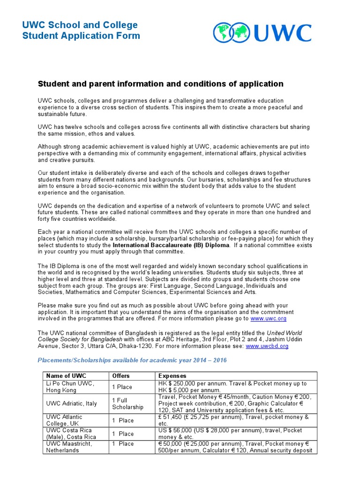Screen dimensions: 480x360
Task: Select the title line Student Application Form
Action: click(81, 36)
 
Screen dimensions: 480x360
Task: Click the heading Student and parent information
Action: click(160, 84)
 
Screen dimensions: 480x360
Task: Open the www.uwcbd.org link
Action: click(267, 346)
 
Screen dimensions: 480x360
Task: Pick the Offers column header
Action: click(121, 376)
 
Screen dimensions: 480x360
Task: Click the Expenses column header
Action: click(172, 376)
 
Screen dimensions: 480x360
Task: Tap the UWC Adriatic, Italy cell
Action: click(70, 403)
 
